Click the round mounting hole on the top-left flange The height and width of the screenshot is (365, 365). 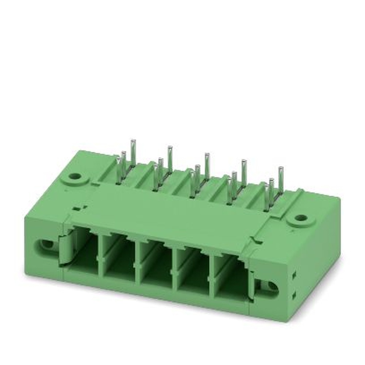[x=75, y=176]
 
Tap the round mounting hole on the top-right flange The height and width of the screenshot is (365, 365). [x=301, y=218]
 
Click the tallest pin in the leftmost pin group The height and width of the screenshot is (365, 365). [x=133, y=151]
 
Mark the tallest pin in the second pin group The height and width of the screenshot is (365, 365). [x=170, y=159]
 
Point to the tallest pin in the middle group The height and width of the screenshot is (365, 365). [x=207, y=166]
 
